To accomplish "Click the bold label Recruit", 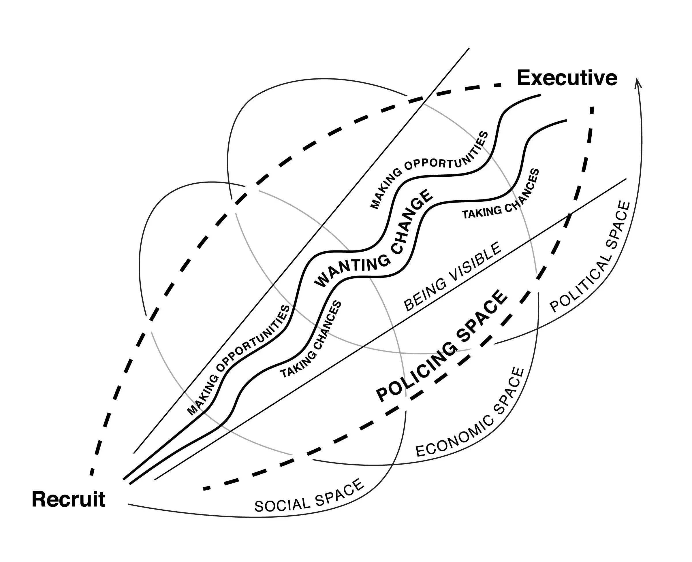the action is [x=68, y=499].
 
